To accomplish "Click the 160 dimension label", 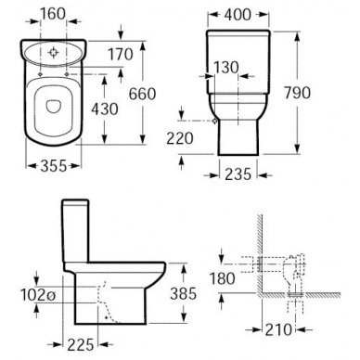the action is [53, 14].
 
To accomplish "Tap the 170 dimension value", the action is [121, 55].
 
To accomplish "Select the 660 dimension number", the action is [142, 94].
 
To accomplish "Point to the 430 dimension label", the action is [105, 109].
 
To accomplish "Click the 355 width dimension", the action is [54, 166].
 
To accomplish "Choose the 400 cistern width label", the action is [238, 15].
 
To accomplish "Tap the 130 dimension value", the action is [226, 68].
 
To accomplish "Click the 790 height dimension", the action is [297, 93].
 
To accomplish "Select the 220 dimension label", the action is [180, 138].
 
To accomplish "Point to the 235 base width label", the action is [238, 174].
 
